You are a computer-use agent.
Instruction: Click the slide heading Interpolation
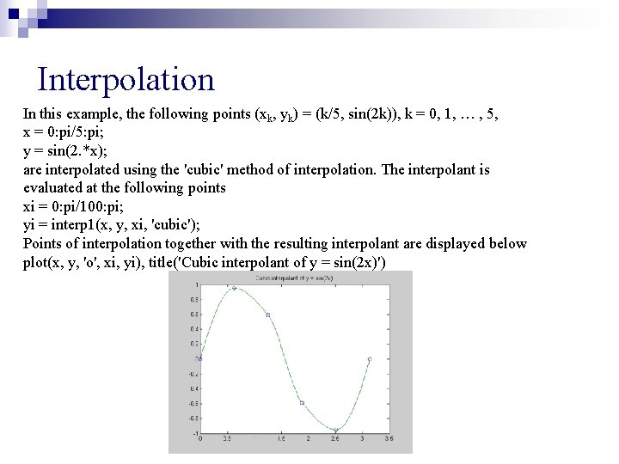[126, 80]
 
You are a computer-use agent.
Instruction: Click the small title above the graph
[287, 278]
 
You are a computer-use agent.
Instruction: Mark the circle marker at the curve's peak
[234, 288]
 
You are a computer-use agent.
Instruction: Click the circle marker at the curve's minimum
[335, 430]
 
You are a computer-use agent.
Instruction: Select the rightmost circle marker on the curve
[370, 359]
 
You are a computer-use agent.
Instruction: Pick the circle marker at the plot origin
[200, 358]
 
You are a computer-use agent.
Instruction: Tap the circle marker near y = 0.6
[268, 315]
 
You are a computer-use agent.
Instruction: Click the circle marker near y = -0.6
[302, 402]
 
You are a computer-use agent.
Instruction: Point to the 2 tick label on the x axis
[308, 438]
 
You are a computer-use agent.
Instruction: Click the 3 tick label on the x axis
[362, 438]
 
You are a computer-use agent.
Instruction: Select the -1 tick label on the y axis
[194, 432]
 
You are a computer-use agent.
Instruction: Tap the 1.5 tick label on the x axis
[280, 438]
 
